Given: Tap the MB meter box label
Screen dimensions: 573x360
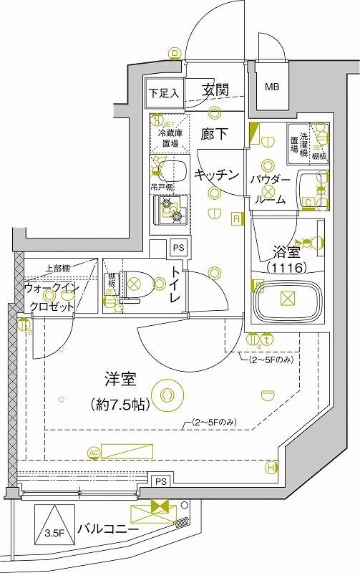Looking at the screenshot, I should point(273,87).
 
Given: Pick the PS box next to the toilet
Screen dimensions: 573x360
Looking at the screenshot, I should point(179,248).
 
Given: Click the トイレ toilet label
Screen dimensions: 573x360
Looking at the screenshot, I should point(176,285).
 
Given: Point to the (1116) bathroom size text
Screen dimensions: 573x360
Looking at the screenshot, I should point(286,269).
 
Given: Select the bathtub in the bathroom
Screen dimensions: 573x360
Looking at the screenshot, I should point(286,302).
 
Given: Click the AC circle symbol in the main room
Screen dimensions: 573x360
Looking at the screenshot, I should point(93,451).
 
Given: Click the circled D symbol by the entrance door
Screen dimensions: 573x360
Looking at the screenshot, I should point(174,52).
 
